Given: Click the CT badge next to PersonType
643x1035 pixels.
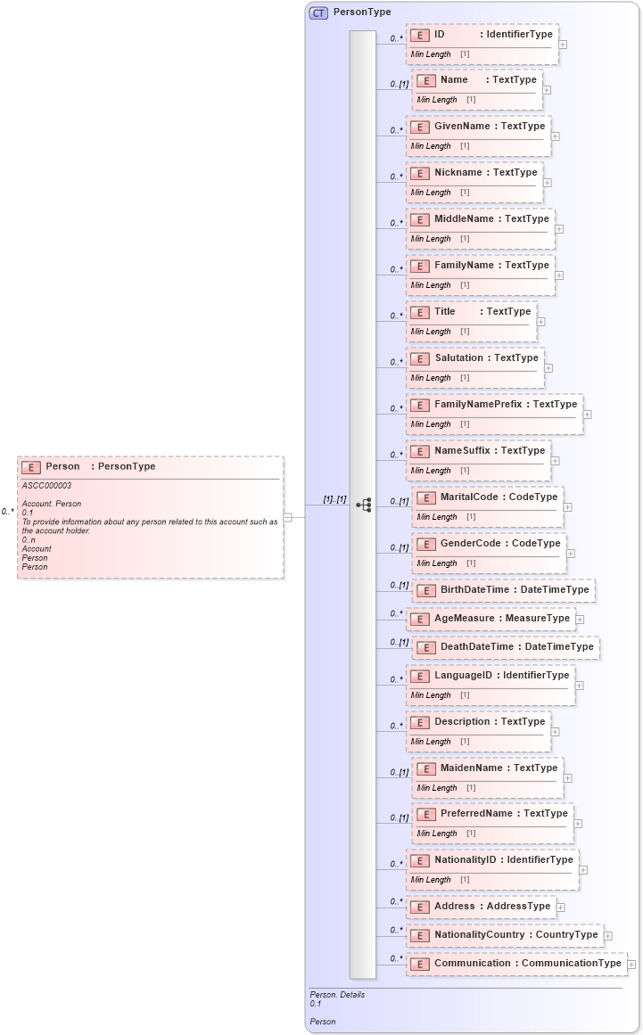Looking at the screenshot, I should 318,12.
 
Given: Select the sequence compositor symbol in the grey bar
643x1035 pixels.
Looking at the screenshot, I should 363,505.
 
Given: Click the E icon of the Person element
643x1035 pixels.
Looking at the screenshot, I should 31,467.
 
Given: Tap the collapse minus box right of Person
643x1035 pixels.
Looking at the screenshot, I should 288,516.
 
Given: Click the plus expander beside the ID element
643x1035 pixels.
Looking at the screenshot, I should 563,44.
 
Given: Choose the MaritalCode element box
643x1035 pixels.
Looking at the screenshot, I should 488,505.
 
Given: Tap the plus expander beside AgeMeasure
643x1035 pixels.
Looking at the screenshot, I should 580,619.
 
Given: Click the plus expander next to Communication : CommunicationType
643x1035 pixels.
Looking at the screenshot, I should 631,964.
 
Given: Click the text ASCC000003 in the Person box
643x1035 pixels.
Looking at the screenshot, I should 46,486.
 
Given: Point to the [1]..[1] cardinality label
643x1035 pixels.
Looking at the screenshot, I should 334,499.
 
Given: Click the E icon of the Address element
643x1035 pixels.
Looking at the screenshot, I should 419,908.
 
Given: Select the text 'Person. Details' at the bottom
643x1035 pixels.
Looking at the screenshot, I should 337,995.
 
